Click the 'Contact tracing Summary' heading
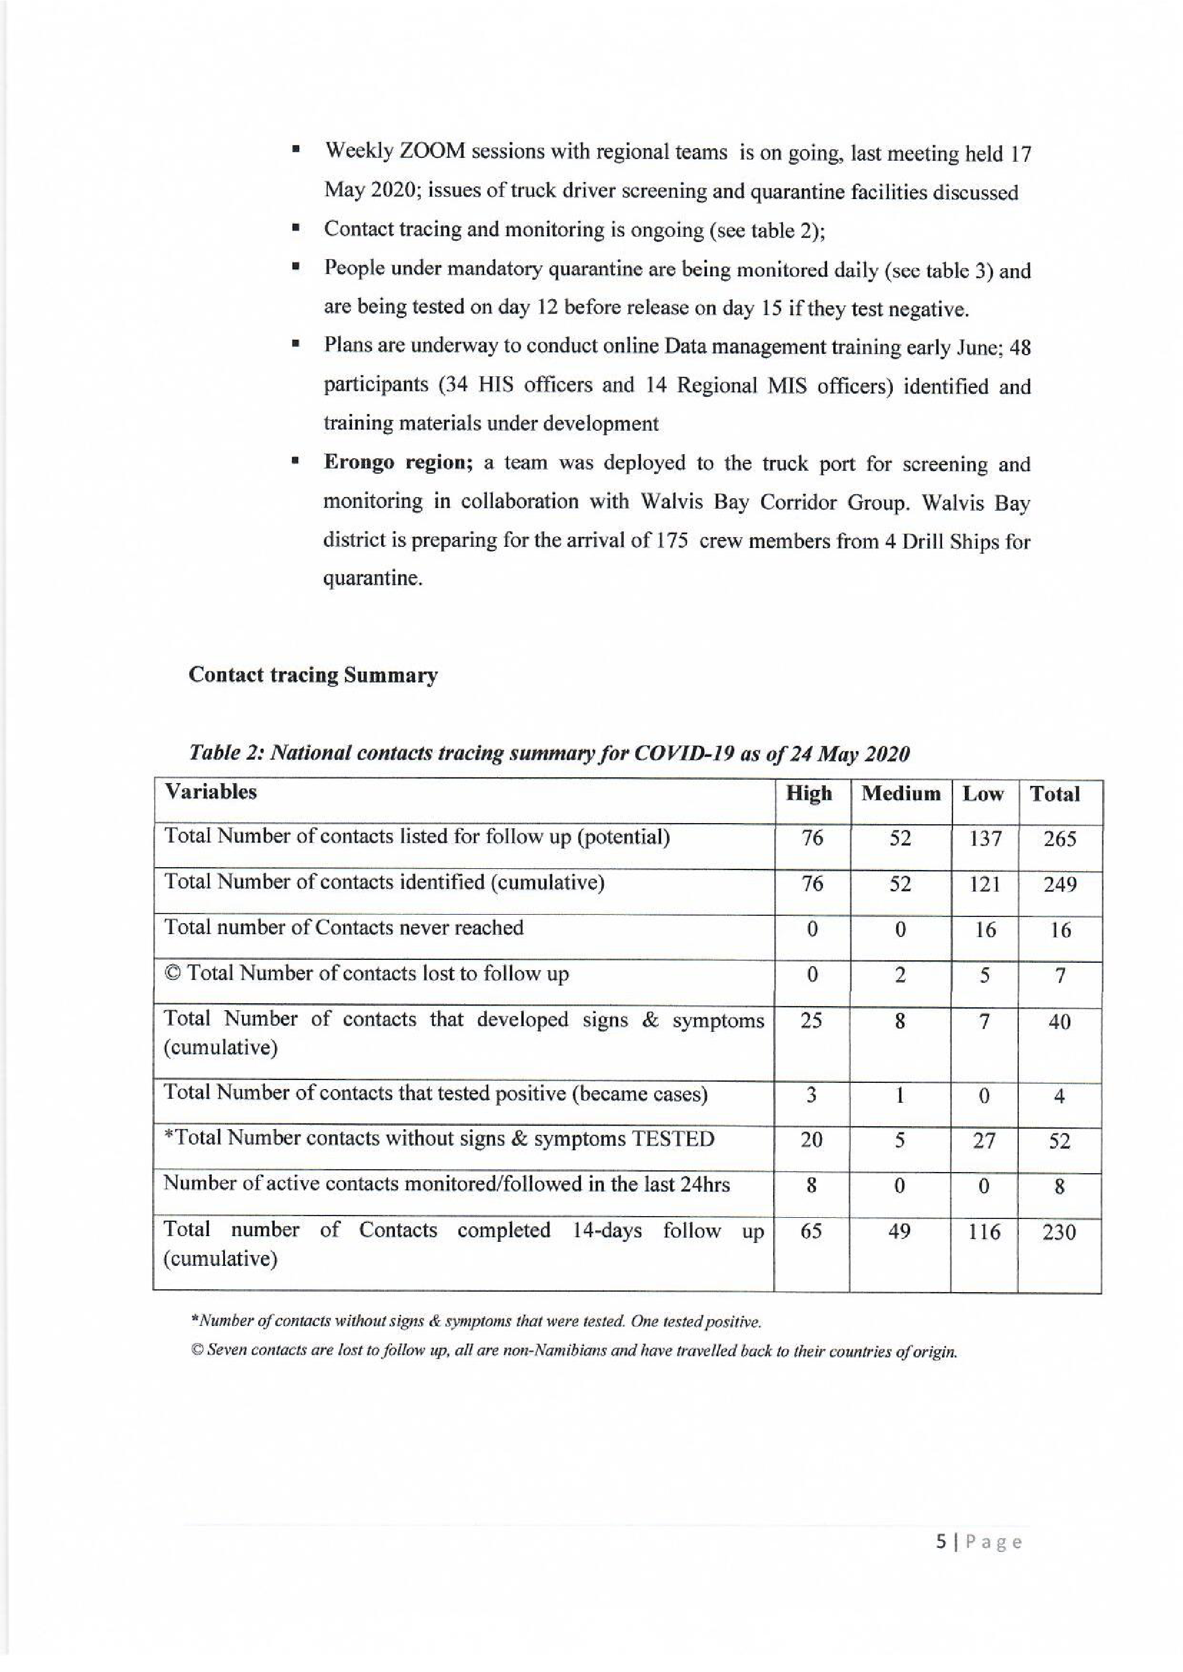tap(313, 675)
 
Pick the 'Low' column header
tap(983, 794)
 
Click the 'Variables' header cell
tap(211, 792)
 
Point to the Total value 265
tap(1059, 840)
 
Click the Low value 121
tap(984, 885)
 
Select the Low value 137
tap(985, 839)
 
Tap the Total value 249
tap(1059, 885)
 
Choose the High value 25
tap(812, 1021)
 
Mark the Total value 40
tap(1059, 1022)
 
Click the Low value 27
tap(984, 1141)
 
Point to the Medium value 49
tap(900, 1232)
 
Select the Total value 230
tap(1059, 1233)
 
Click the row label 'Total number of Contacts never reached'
tap(344, 928)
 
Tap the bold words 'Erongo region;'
tap(398, 463)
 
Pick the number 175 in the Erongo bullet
tap(673, 542)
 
